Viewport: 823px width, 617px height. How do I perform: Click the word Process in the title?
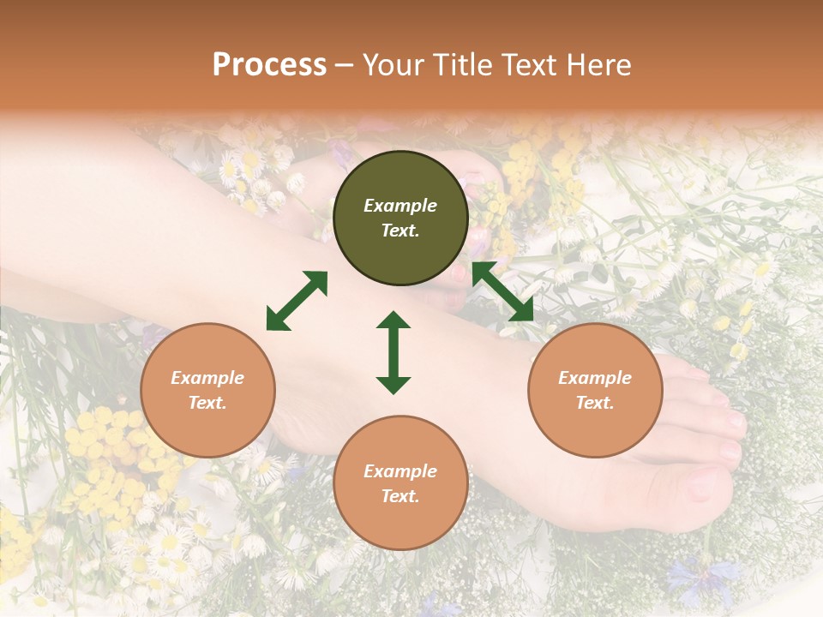pyautogui.click(x=269, y=65)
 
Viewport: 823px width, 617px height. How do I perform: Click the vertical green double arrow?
pyautogui.click(x=393, y=352)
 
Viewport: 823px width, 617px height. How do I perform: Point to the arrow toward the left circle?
pyautogui.click(x=297, y=300)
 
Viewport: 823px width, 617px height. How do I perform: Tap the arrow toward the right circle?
pyautogui.click(x=502, y=291)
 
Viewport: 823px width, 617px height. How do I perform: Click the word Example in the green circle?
pyautogui.click(x=400, y=206)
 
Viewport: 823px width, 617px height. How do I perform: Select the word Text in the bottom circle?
pyautogui.click(x=400, y=496)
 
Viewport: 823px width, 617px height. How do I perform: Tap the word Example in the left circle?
pyautogui.click(x=207, y=378)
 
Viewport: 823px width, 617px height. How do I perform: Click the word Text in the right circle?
pyautogui.click(x=595, y=403)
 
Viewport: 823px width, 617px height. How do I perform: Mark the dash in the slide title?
pyautogui.click(x=345, y=65)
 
